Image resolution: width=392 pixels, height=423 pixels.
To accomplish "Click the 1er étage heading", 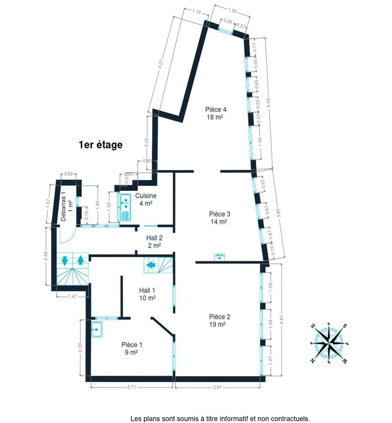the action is coord(100,145).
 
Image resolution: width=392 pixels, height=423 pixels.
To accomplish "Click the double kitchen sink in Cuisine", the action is coord(125,207).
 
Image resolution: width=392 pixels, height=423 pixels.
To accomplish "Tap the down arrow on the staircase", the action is coord(65,261).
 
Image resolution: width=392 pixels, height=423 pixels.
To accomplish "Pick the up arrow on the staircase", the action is coord(80,260).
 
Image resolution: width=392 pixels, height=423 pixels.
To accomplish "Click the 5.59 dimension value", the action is coord(268,103).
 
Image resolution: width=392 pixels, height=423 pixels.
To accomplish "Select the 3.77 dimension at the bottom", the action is coord(131,387).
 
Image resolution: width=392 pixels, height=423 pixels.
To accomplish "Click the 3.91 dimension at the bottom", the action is coord(217,387).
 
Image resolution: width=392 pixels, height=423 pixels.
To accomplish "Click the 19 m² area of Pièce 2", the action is coord(217,324).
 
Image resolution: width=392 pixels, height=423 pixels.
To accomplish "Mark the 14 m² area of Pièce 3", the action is coord(219,222).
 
